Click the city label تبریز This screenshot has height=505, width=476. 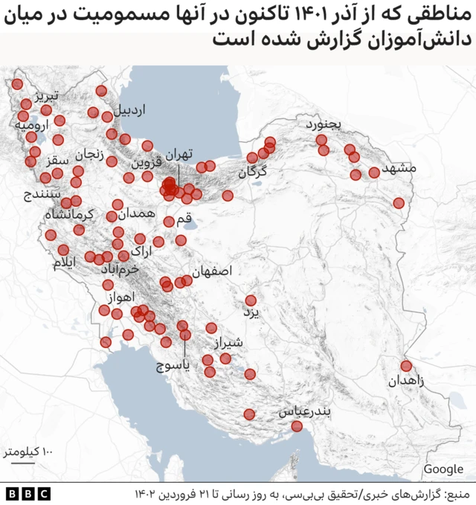click(x=56, y=97)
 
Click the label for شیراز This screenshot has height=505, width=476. click(x=228, y=343)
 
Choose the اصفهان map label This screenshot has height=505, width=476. click(x=212, y=271)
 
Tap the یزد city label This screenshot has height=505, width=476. click(x=253, y=313)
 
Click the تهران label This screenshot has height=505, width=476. click(x=178, y=154)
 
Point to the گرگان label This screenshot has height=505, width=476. click(x=253, y=173)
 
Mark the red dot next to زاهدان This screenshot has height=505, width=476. click(x=406, y=366)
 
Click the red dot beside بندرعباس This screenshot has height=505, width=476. click(x=297, y=426)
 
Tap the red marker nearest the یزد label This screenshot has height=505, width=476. click(x=251, y=300)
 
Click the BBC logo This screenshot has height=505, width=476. click(x=28, y=494)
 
